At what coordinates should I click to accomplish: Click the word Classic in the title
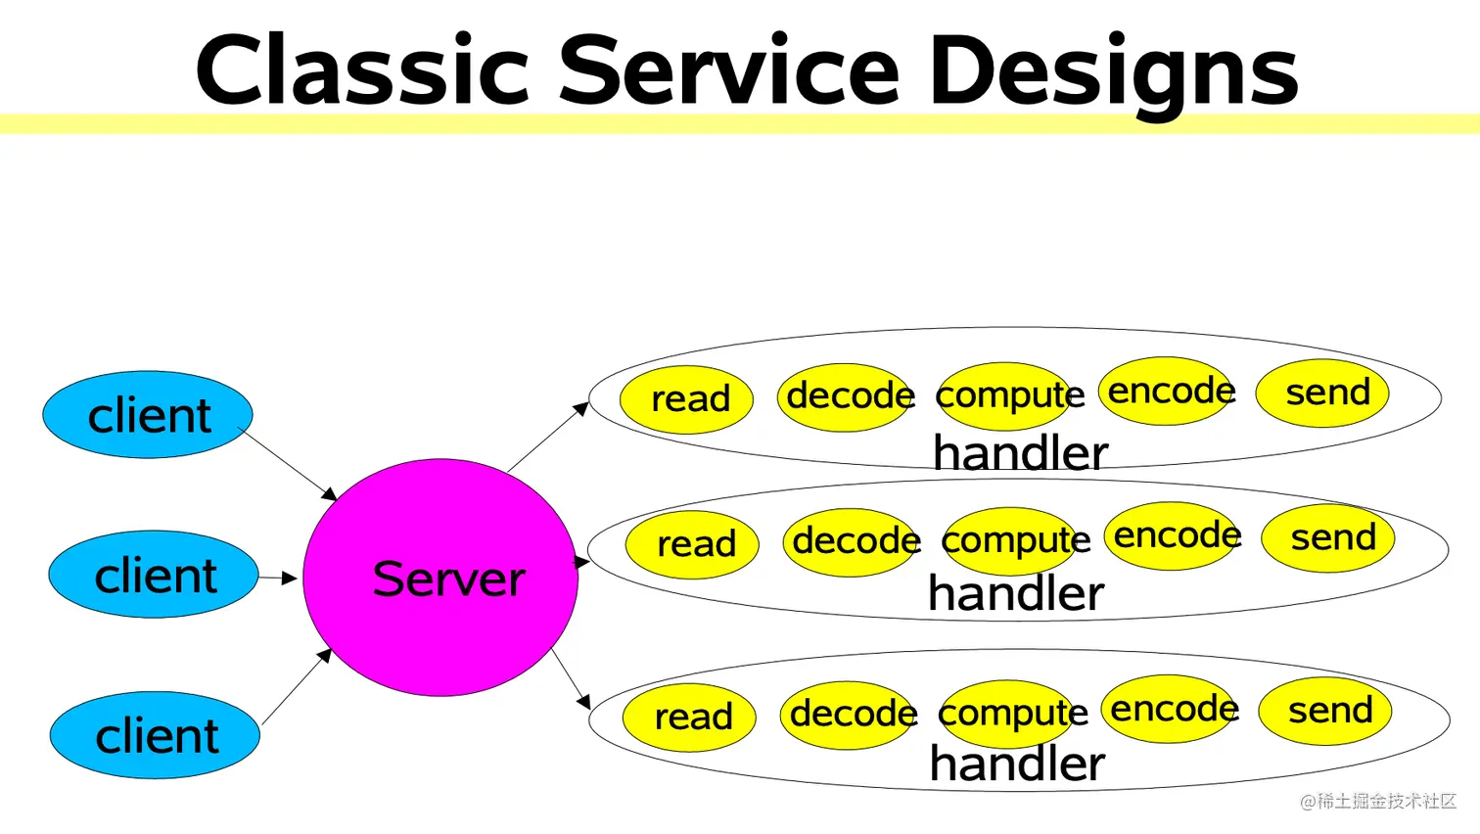tap(362, 69)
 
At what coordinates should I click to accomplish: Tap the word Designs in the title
tap(1115, 75)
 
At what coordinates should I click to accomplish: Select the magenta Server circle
tap(440, 578)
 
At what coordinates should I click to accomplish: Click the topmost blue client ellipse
tap(148, 414)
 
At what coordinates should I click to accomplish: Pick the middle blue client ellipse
tap(154, 575)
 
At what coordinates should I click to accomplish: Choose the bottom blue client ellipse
tap(155, 735)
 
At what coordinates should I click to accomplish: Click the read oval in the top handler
tap(686, 399)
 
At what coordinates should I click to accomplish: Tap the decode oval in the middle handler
tap(851, 542)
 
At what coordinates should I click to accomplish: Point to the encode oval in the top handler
tap(1168, 391)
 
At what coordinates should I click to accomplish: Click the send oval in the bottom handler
tap(1325, 711)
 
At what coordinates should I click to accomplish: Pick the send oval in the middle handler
tap(1328, 538)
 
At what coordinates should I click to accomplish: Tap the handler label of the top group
tap(1020, 453)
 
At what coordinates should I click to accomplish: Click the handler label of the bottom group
tap(1018, 764)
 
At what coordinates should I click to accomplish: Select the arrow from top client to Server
tap(288, 463)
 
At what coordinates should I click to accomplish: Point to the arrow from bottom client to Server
tap(297, 686)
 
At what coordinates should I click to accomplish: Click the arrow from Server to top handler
tap(548, 437)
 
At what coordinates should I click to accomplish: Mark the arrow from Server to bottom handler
tap(571, 679)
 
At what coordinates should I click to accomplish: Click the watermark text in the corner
tap(1378, 801)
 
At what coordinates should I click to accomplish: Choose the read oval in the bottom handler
tap(689, 718)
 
